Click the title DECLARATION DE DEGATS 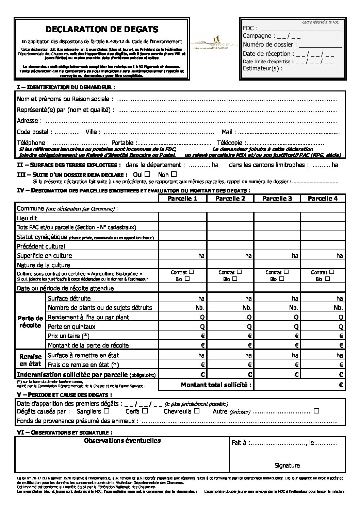tap(102, 29)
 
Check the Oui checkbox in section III tap(147, 174)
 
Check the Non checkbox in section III tap(174, 174)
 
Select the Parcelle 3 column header tap(277, 198)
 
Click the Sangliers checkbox tap(107, 411)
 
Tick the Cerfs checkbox tap(145, 411)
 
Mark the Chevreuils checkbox tap(197, 411)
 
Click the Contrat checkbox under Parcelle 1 tap(191, 272)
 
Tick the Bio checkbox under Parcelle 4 tap(327, 278)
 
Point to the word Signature tap(287, 465)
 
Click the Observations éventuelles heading tap(122, 441)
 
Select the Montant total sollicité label tap(216, 385)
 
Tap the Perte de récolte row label tap(30, 322)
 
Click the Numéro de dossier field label tap(269, 45)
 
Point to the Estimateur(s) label tap(262, 68)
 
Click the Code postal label tap(34, 132)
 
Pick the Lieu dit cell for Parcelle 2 tap(230, 218)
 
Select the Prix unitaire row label tap(69, 336)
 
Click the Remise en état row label tap(30, 360)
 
